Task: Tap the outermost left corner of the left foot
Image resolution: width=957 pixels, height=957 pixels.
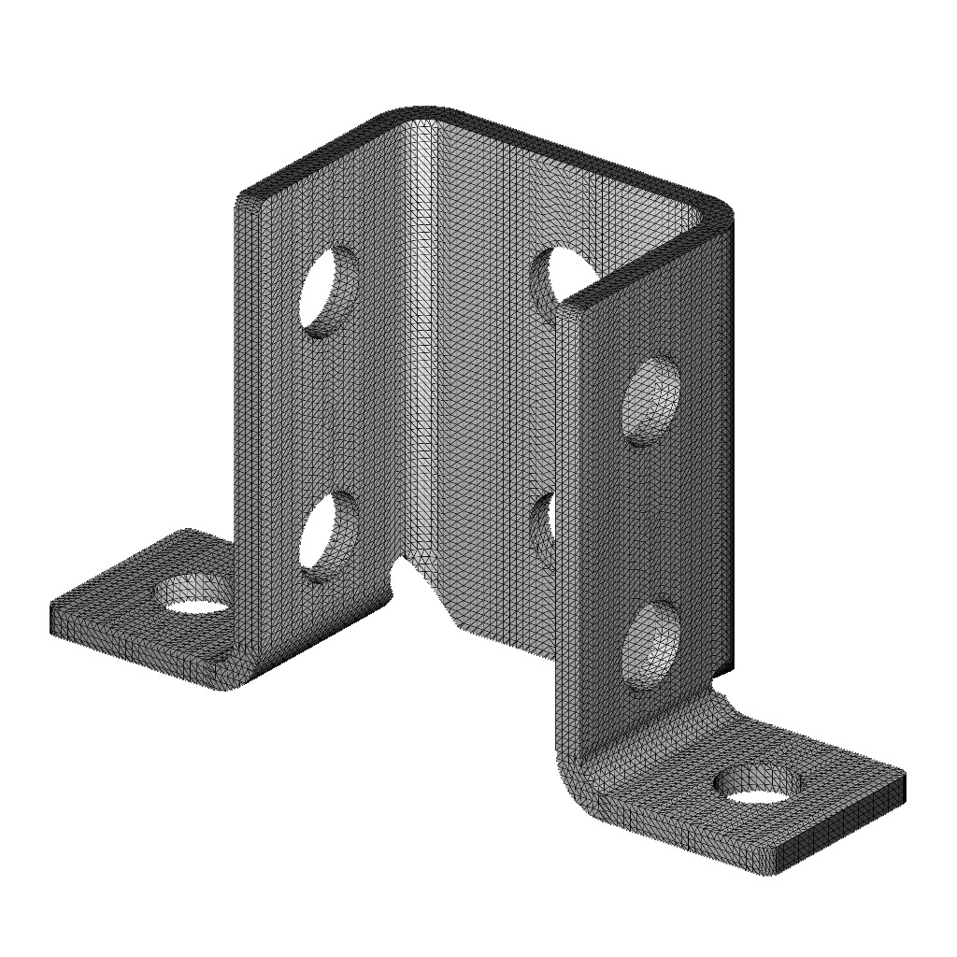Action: point(52,618)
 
